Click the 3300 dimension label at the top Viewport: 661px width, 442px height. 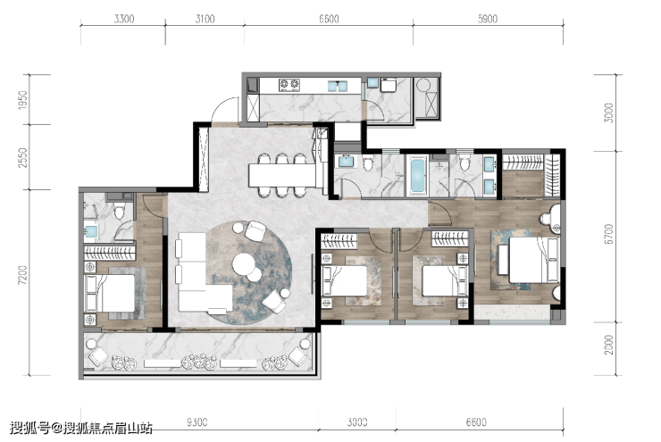(124, 19)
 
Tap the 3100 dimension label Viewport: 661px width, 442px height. (205, 19)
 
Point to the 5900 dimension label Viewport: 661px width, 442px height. (488, 19)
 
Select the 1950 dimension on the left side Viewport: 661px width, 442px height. (22, 100)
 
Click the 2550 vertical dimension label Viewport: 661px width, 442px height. (22, 157)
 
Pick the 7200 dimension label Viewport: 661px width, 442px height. (22, 275)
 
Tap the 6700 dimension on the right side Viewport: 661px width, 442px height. (608, 234)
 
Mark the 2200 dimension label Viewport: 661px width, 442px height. (608, 345)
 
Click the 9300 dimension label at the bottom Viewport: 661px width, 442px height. (197, 421)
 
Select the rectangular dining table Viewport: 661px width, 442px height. (282, 175)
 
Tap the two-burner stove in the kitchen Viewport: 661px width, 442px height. (289, 85)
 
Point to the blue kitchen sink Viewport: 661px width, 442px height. (338, 86)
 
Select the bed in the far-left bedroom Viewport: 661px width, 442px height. (111, 294)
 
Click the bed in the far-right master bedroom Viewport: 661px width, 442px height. (533, 260)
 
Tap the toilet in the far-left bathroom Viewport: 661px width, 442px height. (120, 212)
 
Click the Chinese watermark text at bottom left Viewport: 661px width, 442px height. (81, 429)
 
